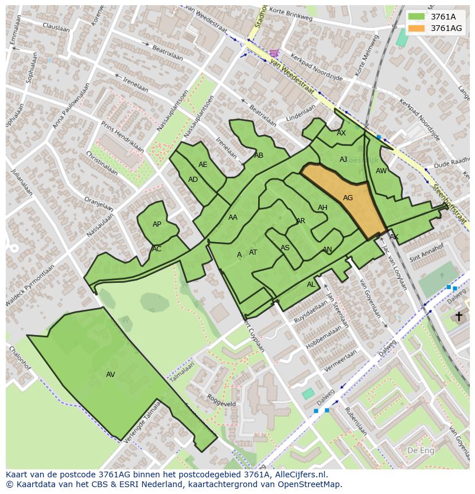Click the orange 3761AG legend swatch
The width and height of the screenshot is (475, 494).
[416, 28]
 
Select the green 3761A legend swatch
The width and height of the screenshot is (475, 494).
[416, 17]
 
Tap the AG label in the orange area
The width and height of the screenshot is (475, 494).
[348, 198]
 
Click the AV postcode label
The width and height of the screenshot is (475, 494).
[111, 375]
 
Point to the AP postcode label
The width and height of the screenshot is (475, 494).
[157, 224]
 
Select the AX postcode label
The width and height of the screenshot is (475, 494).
[341, 133]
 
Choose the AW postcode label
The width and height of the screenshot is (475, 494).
[381, 171]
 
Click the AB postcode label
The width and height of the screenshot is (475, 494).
[259, 155]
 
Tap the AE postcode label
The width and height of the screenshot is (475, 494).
[203, 165]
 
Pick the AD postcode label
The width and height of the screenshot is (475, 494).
[193, 180]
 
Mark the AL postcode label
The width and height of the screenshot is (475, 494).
[311, 285]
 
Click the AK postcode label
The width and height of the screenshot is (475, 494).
[394, 237]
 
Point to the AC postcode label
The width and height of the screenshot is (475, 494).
[157, 249]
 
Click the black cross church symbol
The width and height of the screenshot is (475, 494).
[458, 316]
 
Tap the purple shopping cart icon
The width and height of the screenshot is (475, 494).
[275, 53]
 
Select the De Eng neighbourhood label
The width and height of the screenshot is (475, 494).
[420, 450]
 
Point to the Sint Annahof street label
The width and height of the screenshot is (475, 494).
[427, 252]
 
